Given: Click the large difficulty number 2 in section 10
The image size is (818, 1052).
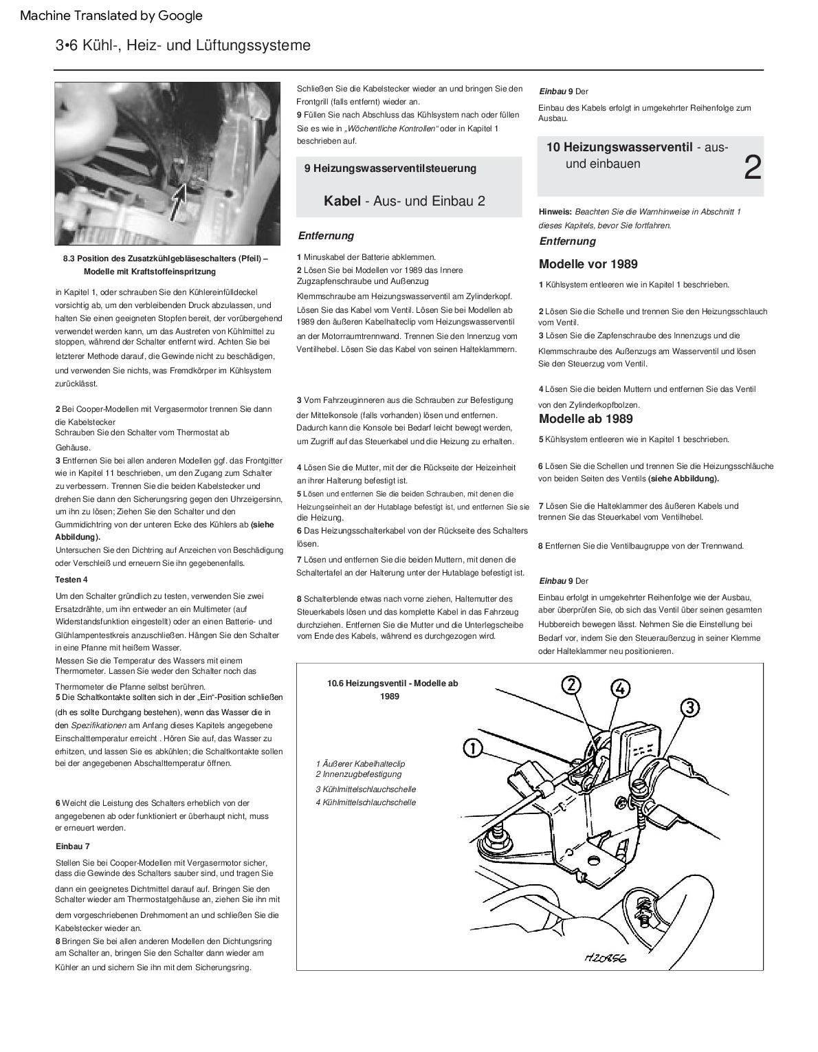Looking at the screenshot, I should (x=753, y=168).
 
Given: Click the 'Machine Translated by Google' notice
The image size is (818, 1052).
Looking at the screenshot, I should (x=111, y=15).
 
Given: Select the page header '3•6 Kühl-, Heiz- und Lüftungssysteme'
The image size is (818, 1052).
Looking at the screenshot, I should (x=183, y=45).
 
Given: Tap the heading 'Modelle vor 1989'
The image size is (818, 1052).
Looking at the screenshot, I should (x=588, y=264).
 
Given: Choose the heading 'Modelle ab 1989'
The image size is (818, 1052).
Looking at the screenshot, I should (x=586, y=419).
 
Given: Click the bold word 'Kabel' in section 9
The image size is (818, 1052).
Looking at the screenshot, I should (x=342, y=201).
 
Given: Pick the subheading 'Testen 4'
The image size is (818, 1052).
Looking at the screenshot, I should (x=71, y=580).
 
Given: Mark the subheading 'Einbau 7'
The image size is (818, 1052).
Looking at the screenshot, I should (x=72, y=846).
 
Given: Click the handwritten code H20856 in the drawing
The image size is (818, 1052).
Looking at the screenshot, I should (x=609, y=957).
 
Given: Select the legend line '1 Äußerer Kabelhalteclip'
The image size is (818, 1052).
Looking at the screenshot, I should (x=361, y=764).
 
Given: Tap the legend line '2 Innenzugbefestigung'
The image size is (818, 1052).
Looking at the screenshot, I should (x=358, y=774).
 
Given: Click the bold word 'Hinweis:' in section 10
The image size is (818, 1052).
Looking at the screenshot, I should (x=555, y=212).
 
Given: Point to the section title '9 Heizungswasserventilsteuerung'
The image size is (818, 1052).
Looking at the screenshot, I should (x=390, y=168).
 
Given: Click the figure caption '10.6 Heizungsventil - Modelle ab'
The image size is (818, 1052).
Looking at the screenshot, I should (x=393, y=683).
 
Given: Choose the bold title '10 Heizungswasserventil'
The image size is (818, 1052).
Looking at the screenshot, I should (x=619, y=147).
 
